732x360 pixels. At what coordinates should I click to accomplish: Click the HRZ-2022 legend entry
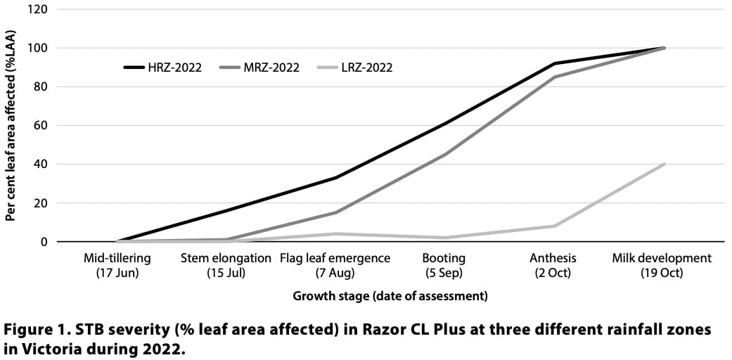[162, 67]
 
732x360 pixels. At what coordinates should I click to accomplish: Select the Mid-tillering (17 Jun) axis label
[117, 265]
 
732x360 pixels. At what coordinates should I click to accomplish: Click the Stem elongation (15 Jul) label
[226, 265]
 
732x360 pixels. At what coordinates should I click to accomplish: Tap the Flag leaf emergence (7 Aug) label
[335, 265]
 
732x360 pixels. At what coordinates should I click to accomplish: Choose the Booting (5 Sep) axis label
[444, 265]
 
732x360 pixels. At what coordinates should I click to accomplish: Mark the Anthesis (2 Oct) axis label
[553, 265]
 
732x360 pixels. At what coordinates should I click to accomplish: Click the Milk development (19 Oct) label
[662, 265]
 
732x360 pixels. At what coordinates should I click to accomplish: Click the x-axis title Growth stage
[390, 296]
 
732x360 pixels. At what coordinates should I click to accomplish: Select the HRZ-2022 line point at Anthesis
[554, 63]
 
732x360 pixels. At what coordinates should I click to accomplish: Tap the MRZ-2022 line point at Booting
[445, 155]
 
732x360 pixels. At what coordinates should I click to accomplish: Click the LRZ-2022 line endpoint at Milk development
[663, 165]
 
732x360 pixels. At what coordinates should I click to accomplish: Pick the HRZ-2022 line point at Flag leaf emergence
[336, 178]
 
